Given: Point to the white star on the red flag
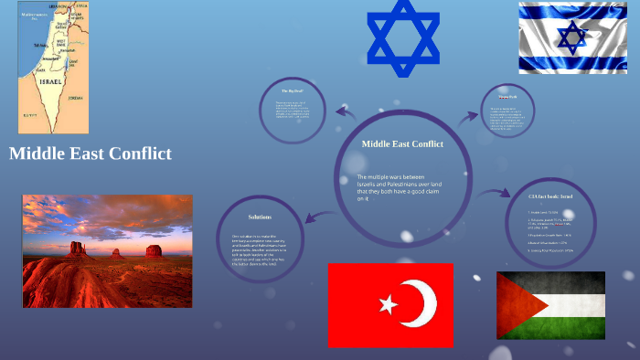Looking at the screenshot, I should [x=386, y=303].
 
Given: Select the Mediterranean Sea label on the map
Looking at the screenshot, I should [x=36, y=17].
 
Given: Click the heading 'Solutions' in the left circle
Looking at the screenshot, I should [x=260, y=217].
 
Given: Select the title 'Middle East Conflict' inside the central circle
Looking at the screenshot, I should [x=402, y=143].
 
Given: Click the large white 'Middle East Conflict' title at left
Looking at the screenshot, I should [x=91, y=154].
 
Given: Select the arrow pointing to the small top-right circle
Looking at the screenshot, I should [x=468, y=116].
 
